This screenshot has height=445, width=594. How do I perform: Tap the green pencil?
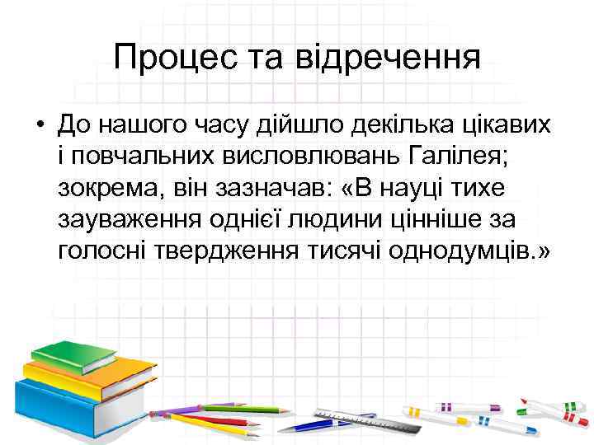click(239, 409)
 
